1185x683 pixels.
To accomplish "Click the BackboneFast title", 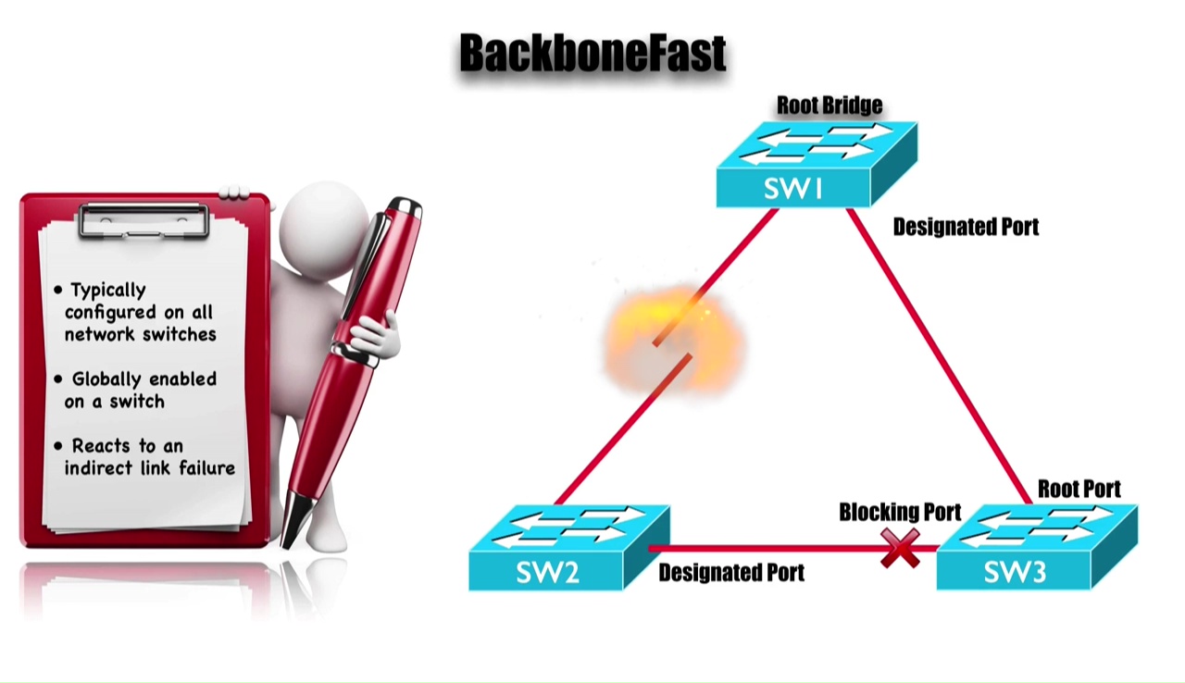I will coord(592,54).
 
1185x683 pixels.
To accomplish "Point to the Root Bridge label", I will coord(829,106).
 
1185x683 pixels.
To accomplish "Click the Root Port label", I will coord(1079,489).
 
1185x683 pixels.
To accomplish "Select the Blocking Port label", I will coord(899,512).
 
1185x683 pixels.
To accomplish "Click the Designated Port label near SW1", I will coord(965,227).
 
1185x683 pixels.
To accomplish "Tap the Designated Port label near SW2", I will coord(730,573).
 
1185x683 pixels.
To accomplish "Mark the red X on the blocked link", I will coord(899,549).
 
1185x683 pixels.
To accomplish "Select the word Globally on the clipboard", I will coord(107,379).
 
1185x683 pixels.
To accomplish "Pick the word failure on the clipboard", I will coord(206,468).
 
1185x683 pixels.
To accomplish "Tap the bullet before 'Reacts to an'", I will coord(58,446).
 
